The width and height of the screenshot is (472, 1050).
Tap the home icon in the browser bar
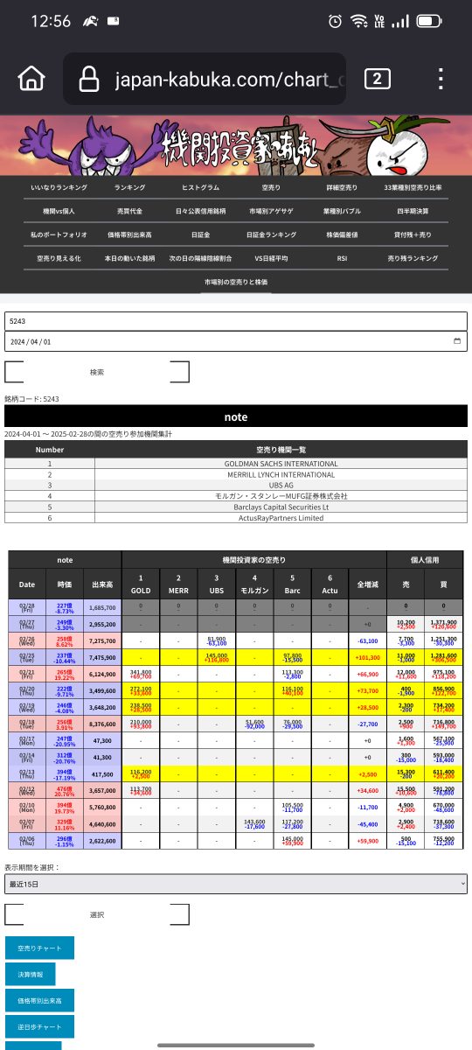coord(31,79)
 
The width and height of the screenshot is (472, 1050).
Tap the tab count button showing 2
coord(377,79)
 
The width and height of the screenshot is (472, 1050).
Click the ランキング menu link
coord(129,187)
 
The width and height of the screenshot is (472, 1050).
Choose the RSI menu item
coord(342,259)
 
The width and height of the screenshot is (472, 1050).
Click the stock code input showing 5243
coord(236,321)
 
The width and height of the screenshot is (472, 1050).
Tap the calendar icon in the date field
coord(457,341)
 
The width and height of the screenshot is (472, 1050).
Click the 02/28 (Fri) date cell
coord(27,606)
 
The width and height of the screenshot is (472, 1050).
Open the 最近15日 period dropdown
coord(236,885)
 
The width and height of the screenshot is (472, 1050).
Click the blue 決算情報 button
coord(30,974)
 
